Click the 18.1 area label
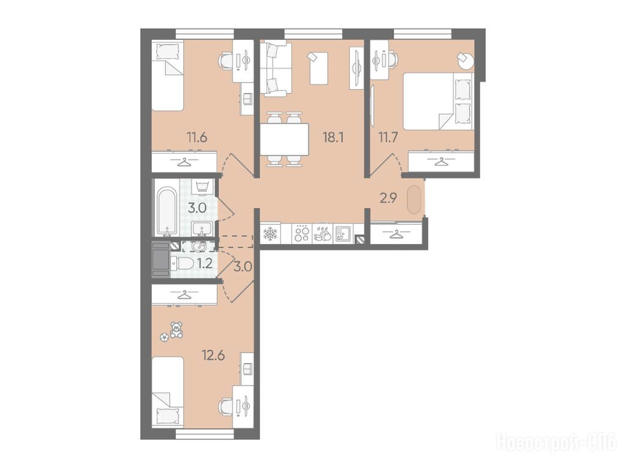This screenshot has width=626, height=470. (333, 138)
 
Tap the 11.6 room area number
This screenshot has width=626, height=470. (196, 138)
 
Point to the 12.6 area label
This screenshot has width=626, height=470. (213, 354)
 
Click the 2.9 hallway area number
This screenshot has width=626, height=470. (388, 198)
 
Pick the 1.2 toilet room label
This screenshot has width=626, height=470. (204, 263)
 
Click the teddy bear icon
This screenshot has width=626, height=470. (176, 330)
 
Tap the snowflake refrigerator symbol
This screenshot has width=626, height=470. (270, 234)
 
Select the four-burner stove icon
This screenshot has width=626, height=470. (302, 233)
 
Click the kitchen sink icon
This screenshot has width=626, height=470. (342, 234)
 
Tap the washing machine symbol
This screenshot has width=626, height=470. (204, 187)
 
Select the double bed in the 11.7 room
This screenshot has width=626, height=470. (438, 101)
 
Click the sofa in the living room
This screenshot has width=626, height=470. (275, 70)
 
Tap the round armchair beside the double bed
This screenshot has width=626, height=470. (466, 61)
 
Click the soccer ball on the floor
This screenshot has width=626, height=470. (164, 337)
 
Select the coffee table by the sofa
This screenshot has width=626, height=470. (319, 68)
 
